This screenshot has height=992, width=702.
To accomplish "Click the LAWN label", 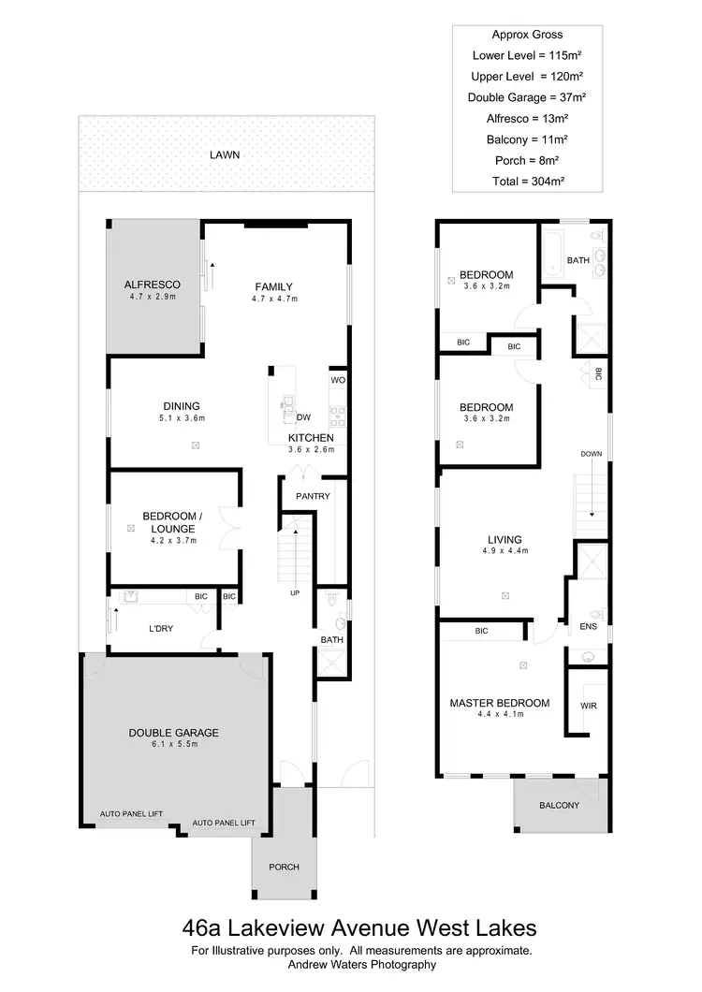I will (225, 154).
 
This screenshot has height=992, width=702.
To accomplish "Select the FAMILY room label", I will (274, 287).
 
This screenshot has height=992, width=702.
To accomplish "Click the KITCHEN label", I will (311, 438).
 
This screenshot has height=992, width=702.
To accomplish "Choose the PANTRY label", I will (313, 496).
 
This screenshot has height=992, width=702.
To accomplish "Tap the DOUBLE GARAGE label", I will (173, 733).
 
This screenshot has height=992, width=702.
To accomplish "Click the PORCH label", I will (284, 868).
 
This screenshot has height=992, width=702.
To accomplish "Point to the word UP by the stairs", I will (296, 593).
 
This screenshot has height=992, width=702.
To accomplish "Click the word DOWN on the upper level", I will (591, 454).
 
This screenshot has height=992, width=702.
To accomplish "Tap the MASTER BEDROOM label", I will (499, 703).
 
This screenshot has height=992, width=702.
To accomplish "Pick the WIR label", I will (589, 704).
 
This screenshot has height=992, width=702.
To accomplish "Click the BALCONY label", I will (559, 806).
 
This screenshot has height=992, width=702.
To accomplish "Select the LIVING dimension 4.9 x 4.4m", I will (505, 551).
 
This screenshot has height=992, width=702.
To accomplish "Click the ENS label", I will (588, 627).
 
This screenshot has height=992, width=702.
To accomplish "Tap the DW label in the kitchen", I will (303, 417).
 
